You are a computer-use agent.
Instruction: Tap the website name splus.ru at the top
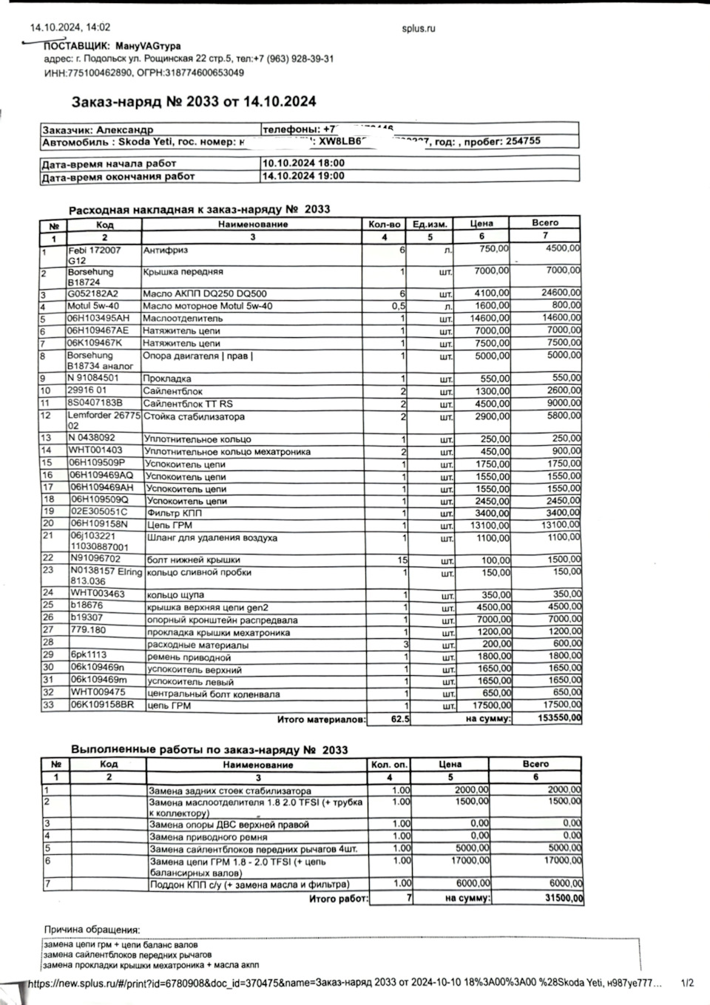418,29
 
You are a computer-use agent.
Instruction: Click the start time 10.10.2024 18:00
303,163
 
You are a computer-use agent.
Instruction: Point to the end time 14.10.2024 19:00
303,176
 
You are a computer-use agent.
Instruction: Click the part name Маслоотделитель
183,319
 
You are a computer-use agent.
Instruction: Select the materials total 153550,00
560,718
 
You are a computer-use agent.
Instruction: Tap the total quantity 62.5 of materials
400,719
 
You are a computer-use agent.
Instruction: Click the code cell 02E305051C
98,512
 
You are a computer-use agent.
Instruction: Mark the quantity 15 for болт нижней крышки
402,560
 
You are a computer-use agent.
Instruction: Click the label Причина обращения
92,930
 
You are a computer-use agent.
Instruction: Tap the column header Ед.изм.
430,224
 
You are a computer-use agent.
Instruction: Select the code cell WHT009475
98,692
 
